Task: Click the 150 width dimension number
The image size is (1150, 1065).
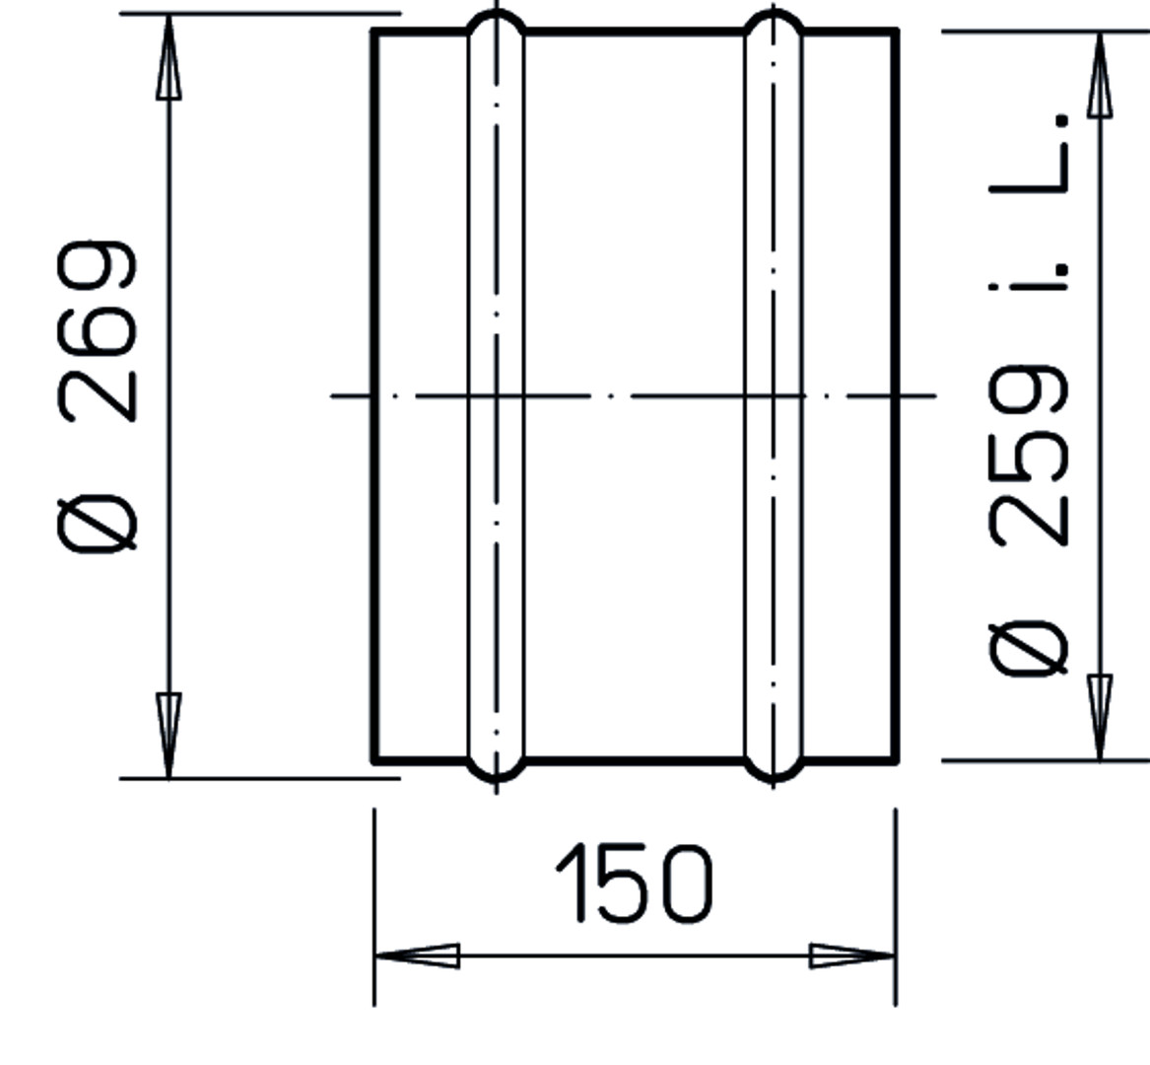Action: pos(635,883)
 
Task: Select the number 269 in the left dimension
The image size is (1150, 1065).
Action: pos(96,331)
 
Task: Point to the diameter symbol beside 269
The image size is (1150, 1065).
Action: pos(96,524)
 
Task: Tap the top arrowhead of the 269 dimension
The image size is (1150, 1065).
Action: pos(169,56)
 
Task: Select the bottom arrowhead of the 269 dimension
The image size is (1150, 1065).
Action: pos(169,735)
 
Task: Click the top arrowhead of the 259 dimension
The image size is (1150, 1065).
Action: pos(1100,74)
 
